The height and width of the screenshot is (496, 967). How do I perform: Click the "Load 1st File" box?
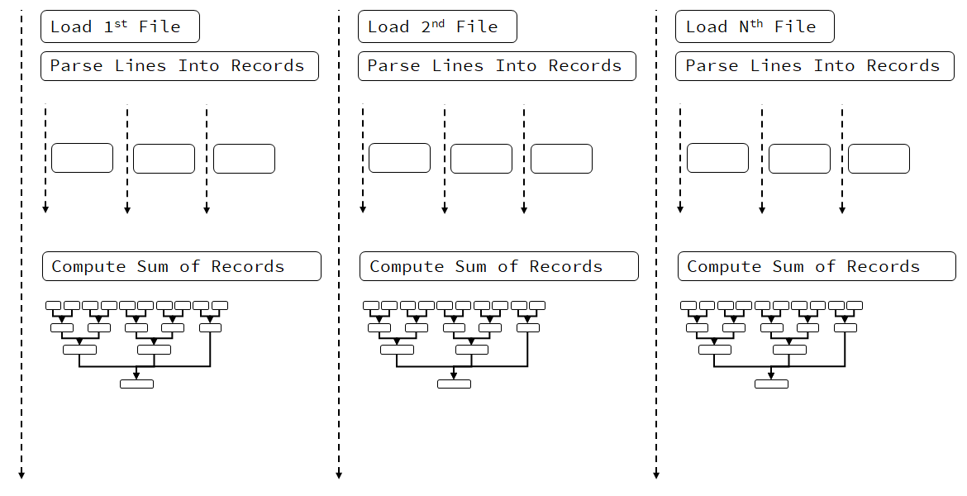click(x=120, y=26)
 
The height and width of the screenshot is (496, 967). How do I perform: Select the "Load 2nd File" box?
click(x=437, y=26)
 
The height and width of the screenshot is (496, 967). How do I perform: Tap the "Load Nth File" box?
click(x=755, y=26)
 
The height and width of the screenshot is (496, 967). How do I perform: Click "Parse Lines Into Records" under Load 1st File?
click(x=179, y=66)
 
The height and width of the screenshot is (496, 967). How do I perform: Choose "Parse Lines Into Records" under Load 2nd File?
click(x=497, y=66)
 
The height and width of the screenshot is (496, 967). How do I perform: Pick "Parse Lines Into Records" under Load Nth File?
click(x=814, y=66)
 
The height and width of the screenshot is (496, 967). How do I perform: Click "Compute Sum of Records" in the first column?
click(x=181, y=266)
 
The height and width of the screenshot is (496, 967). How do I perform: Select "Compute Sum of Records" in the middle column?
click(x=498, y=266)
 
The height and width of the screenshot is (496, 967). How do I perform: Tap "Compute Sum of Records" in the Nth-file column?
click(x=817, y=266)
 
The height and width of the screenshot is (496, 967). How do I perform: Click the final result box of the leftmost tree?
click(x=136, y=384)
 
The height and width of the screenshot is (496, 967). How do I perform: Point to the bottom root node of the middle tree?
click(x=454, y=384)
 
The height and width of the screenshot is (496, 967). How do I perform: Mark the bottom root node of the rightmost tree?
click(x=771, y=384)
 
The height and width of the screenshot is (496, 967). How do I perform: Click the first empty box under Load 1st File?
click(x=82, y=158)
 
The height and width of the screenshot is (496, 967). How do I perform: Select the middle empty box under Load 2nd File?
click(x=481, y=159)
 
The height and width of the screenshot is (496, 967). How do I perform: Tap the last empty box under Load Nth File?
click(x=879, y=159)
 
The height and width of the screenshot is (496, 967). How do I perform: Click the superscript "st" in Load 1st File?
click(x=121, y=22)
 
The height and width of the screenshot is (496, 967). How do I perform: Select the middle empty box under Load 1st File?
click(x=164, y=159)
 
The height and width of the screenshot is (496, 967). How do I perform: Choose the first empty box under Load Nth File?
click(x=717, y=158)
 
